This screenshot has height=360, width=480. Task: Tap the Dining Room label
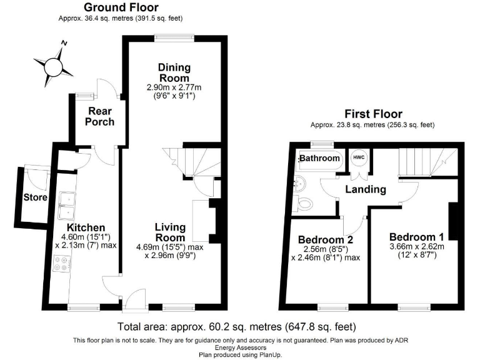tap(174, 72)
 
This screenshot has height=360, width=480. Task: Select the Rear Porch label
tap(100, 116)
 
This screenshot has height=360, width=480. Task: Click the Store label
tap(36, 197)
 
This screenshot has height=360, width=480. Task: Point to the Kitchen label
tap(86, 227)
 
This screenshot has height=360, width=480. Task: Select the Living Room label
tap(170, 232)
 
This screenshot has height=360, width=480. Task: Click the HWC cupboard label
tap(359, 157)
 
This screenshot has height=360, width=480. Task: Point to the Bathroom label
tap(319, 158)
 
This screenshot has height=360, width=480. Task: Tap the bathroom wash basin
tap(300, 183)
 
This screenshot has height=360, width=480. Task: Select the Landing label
tap(366, 189)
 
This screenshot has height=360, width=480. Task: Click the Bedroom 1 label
tap(416, 237)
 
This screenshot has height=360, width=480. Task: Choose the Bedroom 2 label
tap(321, 240)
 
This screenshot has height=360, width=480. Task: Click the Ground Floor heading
tap(121, 7)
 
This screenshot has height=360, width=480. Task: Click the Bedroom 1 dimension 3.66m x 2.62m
tap(416, 247)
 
